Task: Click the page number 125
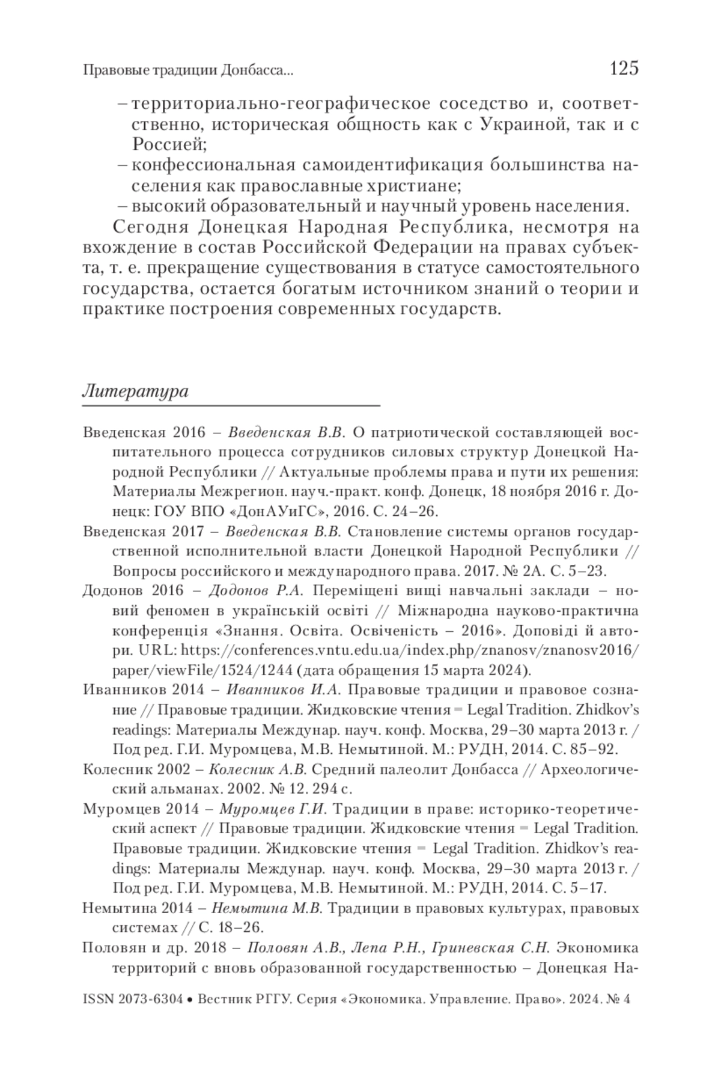(623, 69)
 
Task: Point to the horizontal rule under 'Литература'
(231, 407)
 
